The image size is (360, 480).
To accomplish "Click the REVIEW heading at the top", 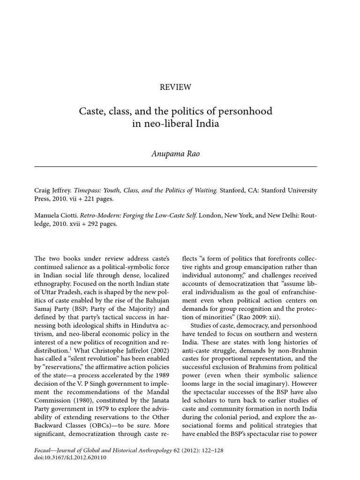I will click(176, 87).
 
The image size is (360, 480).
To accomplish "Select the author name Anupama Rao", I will click(176, 154).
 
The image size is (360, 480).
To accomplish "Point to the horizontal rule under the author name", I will click(176, 166).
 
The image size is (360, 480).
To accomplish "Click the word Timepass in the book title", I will click(98, 190).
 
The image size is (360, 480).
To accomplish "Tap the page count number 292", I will click(96, 224).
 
